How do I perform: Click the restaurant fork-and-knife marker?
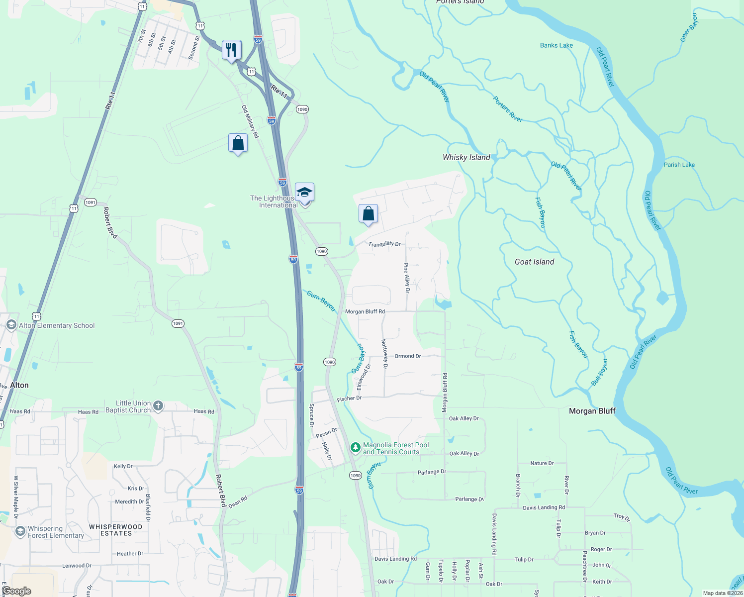pyautogui.click(x=231, y=50)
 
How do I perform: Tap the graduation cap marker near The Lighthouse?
pyautogui.click(x=304, y=192)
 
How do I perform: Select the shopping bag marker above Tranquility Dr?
pyautogui.click(x=368, y=214)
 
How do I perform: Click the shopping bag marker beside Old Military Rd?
pyautogui.click(x=238, y=143)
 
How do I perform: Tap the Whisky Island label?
pyautogui.click(x=466, y=157)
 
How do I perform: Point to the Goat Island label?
pyautogui.click(x=534, y=262)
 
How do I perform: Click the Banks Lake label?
pyautogui.click(x=557, y=45)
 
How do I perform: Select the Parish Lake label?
pyautogui.click(x=679, y=165)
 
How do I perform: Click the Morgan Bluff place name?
pyautogui.click(x=592, y=411)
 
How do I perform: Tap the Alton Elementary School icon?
pyautogui.click(x=11, y=325)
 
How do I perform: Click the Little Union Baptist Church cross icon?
pyautogui.click(x=158, y=406)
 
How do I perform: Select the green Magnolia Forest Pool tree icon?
pyautogui.click(x=355, y=448)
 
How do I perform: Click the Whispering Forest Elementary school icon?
pyautogui.click(x=20, y=532)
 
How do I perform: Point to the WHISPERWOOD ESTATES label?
pyautogui.click(x=116, y=530)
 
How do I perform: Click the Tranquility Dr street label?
pyautogui.click(x=384, y=244)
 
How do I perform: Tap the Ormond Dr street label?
pyautogui.click(x=408, y=356)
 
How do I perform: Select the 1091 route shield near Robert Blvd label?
pyautogui.click(x=90, y=202)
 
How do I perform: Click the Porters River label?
pyautogui.click(x=508, y=109)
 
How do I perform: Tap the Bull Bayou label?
pyautogui.click(x=600, y=372)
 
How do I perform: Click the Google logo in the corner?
pyautogui.click(x=17, y=591)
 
